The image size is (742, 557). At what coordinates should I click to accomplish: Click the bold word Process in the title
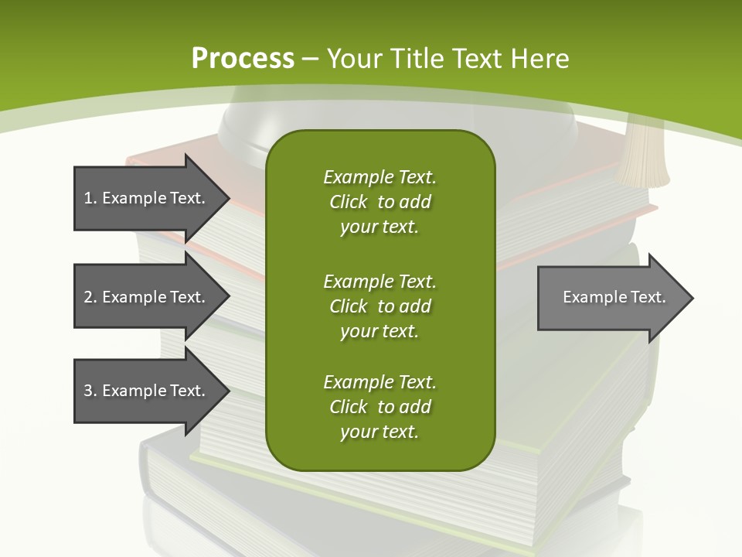click(243, 58)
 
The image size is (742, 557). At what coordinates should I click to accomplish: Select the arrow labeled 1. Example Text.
click(147, 198)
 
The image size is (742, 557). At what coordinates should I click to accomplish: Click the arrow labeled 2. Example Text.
click(147, 297)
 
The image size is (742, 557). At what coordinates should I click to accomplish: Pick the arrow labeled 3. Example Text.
click(147, 391)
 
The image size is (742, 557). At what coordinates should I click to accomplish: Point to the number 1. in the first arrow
click(90, 198)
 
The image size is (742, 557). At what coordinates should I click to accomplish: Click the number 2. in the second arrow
click(90, 297)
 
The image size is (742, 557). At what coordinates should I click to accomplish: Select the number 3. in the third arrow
click(90, 391)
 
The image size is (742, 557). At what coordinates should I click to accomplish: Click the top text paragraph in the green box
click(380, 202)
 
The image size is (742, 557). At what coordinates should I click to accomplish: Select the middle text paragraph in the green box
click(380, 306)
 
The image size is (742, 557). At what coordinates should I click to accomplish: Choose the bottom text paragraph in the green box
click(380, 407)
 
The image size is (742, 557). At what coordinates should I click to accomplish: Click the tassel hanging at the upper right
click(643, 155)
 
